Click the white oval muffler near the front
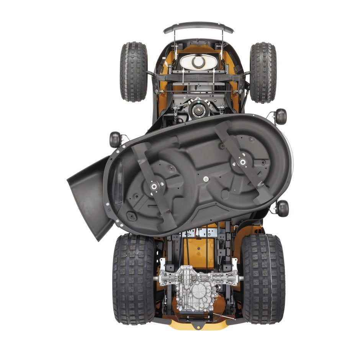(x=198, y=62)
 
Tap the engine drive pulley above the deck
(x=199, y=109)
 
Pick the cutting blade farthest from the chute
(x=243, y=162)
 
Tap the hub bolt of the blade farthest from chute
(x=242, y=161)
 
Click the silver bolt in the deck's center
(x=206, y=178)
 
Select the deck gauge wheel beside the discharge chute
(x=115, y=139)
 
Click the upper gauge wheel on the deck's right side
(x=281, y=116)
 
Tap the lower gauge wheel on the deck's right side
(x=283, y=208)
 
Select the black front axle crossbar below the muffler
(x=198, y=78)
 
